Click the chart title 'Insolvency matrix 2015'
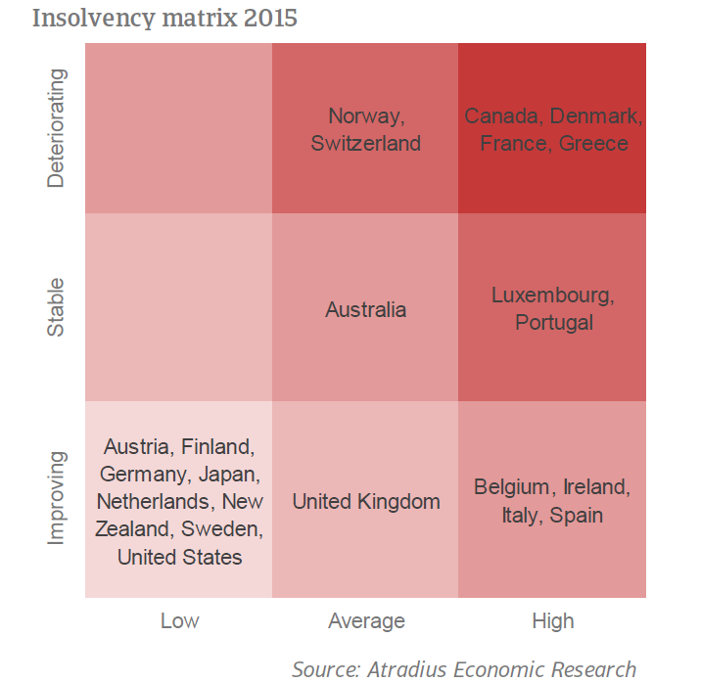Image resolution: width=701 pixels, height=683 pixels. [x=164, y=19]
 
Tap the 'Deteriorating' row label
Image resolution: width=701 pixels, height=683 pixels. [x=57, y=128]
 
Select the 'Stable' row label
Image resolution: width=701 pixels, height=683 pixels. [x=57, y=307]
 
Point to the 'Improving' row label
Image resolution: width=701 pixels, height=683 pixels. [x=57, y=498]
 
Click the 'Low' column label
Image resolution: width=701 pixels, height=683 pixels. [x=180, y=621]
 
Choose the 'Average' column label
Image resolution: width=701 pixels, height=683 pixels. [x=366, y=621]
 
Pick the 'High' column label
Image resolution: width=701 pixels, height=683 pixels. [x=553, y=621]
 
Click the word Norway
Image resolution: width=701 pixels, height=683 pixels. [x=364, y=116]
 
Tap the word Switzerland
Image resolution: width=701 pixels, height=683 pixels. [x=366, y=144]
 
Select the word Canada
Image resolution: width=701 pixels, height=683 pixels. [x=500, y=116]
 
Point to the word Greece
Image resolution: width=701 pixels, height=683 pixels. [x=593, y=144]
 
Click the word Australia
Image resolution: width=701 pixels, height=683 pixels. [x=366, y=309]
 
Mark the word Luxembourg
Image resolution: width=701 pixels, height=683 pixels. [x=550, y=296]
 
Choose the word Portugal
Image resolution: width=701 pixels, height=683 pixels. [x=554, y=323]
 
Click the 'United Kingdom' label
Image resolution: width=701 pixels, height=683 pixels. [x=366, y=502]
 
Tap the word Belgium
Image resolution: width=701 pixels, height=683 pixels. [x=511, y=487]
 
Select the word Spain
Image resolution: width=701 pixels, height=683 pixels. [x=577, y=515]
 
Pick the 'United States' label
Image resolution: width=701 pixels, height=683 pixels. [x=180, y=557]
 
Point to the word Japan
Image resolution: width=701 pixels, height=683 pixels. [x=227, y=474]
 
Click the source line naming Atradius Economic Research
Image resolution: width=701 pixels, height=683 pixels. [x=464, y=669]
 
